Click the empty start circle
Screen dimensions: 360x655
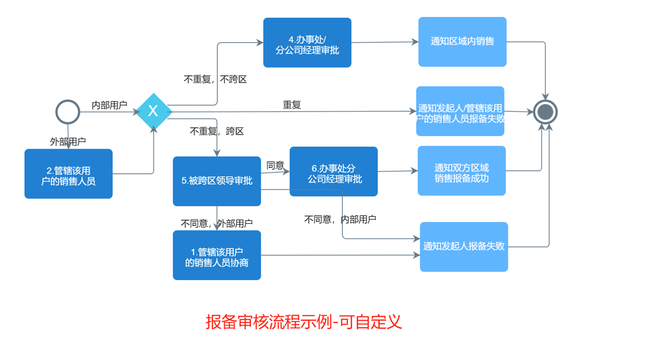pos(68,112)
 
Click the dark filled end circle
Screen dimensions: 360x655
pos(545,112)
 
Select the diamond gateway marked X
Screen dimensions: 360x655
pos(153,111)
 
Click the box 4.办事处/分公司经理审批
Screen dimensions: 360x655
pos(307,43)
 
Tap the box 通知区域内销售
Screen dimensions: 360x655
pos(462,42)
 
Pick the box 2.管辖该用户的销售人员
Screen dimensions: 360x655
pos(68,174)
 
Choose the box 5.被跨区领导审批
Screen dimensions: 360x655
pos(217,181)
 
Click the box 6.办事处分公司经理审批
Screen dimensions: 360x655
pos(333,171)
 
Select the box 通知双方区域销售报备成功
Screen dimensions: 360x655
pos(461,171)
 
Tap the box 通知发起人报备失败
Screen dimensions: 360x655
pos(464,247)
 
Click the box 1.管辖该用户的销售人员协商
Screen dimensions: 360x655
pos(217,255)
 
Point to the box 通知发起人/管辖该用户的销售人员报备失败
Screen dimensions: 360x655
pos(460,111)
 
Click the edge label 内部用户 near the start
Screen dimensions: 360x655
pos(109,105)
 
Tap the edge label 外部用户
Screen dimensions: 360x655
pos(68,142)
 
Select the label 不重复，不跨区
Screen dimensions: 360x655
pos(215,79)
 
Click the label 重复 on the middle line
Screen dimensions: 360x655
pos(292,105)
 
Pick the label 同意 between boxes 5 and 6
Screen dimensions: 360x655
pos(275,166)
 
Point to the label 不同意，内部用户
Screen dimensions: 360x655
pos(340,219)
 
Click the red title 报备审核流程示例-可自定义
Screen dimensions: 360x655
pos(303,322)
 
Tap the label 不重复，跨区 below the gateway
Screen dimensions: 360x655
pos(217,131)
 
